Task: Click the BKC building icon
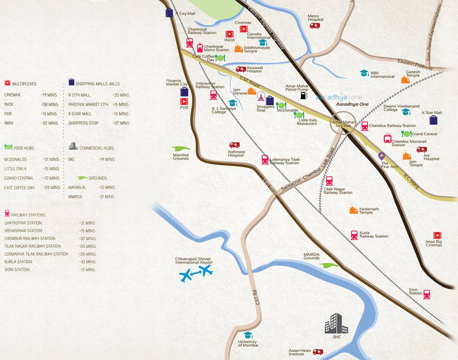(337, 323)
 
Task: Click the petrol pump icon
(304, 96)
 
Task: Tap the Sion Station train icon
(427, 294)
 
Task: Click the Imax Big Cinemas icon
(437, 235)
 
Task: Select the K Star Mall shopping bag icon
(433, 120)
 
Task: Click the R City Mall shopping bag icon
(169, 13)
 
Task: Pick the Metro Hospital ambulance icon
(315, 26)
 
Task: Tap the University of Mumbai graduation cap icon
(248, 335)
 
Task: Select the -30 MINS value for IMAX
(49, 123)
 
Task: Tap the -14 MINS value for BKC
(106, 159)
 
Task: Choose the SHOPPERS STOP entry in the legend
(84, 123)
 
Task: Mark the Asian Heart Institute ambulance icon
(318, 352)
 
